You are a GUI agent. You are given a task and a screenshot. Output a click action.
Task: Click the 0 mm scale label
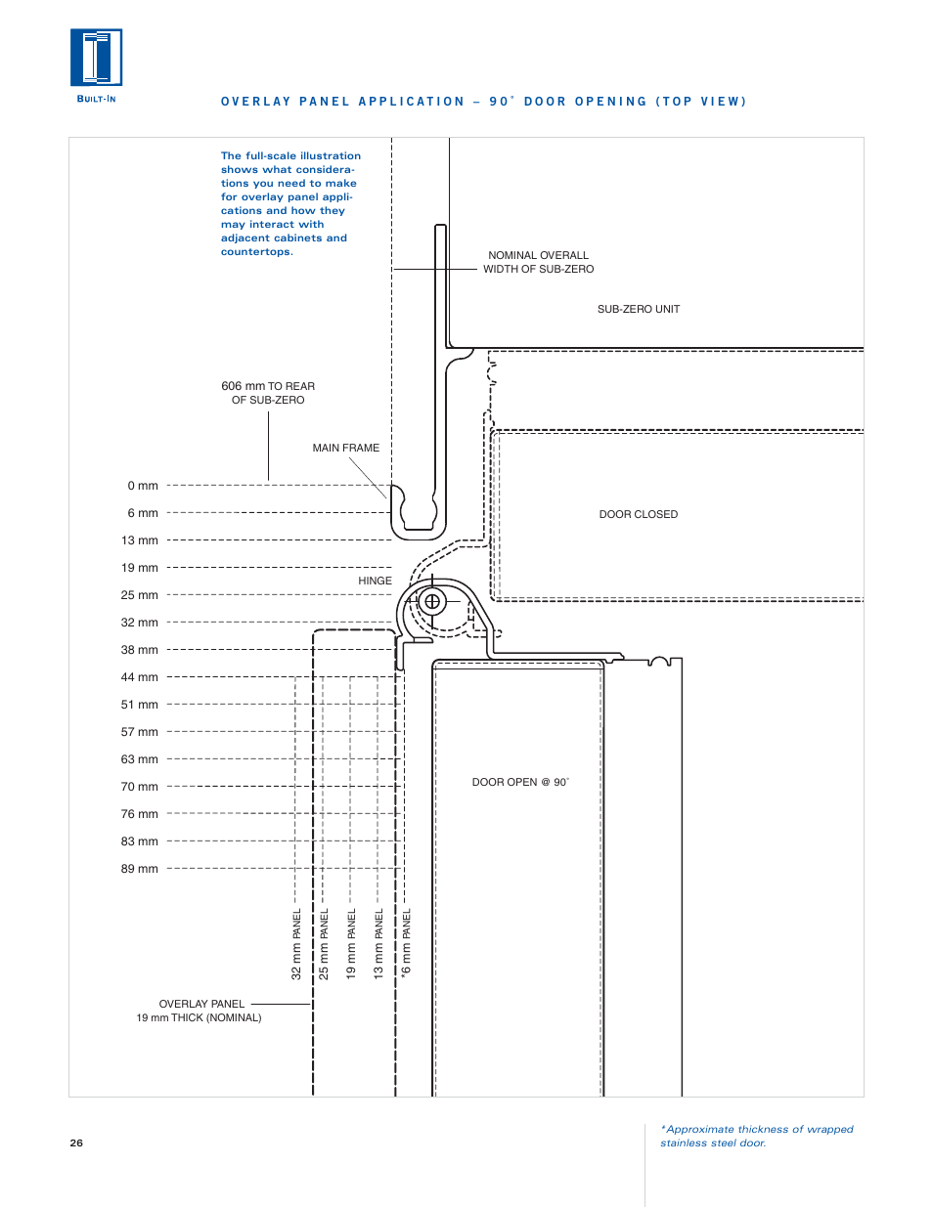click(x=143, y=486)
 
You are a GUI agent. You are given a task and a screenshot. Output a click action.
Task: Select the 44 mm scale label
click(x=140, y=677)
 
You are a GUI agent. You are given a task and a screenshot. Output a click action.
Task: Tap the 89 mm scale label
click(x=140, y=869)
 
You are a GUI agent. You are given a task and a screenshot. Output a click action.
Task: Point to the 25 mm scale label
click(x=140, y=595)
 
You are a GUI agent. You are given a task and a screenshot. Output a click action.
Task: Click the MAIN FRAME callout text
click(x=345, y=449)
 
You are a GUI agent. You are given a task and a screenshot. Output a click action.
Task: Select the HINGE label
click(x=375, y=581)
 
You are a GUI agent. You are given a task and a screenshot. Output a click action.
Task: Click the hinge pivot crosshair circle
click(x=432, y=601)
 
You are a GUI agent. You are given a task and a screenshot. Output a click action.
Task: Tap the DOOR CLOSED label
click(x=638, y=514)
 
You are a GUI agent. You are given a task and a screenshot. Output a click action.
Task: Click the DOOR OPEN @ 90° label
click(x=520, y=782)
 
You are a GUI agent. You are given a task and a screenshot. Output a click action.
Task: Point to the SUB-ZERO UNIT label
click(x=638, y=309)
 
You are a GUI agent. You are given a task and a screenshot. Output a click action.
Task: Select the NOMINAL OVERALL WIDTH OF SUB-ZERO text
click(x=538, y=262)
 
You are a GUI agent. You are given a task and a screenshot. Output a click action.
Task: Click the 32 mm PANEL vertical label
click(x=296, y=944)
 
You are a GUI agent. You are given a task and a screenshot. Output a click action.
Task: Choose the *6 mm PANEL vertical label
click(x=407, y=944)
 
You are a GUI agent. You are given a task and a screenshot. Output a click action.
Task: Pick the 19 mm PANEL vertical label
click(x=351, y=944)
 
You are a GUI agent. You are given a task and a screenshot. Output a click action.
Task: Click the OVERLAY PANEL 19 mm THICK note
click(x=200, y=1011)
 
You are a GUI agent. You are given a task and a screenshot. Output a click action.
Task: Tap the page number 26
click(x=76, y=1142)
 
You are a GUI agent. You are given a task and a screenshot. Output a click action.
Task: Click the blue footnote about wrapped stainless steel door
click(x=756, y=1136)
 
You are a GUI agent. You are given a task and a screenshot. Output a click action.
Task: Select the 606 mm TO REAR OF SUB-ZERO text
click(x=268, y=393)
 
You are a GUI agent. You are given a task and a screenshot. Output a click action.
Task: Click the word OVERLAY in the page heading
click(x=255, y=102)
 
